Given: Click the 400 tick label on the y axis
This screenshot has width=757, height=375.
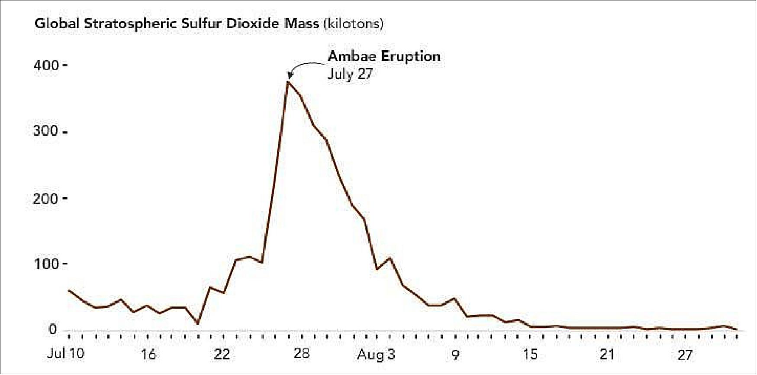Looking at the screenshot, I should coord(46,65).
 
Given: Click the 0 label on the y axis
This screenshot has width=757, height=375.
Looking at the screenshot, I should coord(52,329).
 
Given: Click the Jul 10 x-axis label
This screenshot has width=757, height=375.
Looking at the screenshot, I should coord(66,354).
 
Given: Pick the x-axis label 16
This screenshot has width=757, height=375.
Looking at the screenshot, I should coord(148,355).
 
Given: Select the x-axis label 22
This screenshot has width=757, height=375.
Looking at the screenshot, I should coord(222,355).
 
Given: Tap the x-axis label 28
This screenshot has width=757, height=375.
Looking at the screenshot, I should coord(301,354).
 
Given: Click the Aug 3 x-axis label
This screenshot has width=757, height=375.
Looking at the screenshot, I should coord(376,355).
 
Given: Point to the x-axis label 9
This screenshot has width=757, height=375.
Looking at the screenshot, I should coord(455,355).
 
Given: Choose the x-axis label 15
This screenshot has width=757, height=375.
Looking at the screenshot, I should coord(530,355).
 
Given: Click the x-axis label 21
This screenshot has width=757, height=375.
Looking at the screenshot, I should coord(607,355).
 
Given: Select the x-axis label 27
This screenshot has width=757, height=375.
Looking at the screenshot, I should coord(685,355).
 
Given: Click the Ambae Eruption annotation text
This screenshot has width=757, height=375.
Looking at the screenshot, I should coord(384,56).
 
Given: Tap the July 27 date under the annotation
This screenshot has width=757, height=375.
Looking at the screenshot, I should coord(350,74).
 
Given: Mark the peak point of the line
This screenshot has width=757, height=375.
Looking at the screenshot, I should coord(288,82).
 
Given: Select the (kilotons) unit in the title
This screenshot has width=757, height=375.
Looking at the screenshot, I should coord(353,23).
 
